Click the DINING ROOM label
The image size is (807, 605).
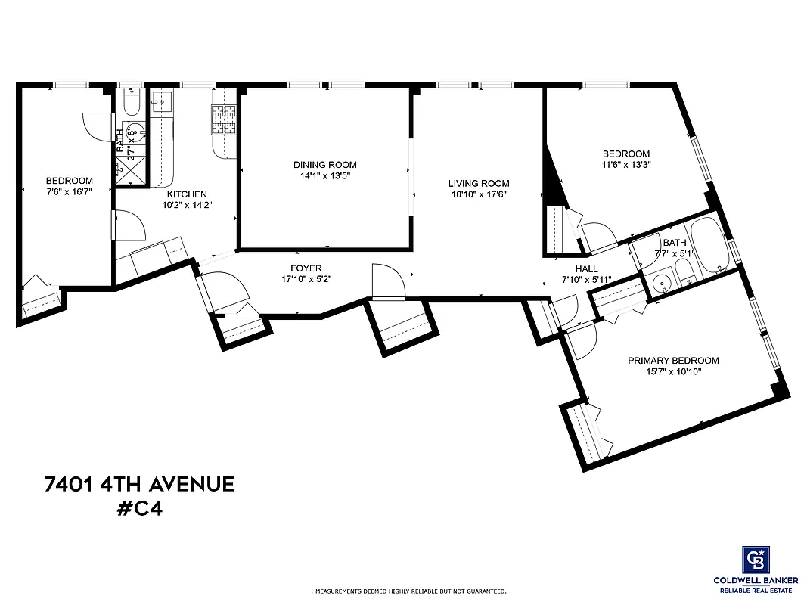(x=324, y=165)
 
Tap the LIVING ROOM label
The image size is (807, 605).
(x=478, y=183)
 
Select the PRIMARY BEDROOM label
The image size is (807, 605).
(x=673, y=361)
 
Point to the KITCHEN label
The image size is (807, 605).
(x=186, y=194)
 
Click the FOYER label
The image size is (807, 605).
(x=306, y=268)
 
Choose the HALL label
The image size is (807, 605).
(x=586, y=268)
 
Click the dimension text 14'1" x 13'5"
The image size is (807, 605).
(x=324, y=175)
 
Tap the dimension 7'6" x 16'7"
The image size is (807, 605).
(x=69, y=191)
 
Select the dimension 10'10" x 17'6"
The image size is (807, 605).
(x=478, y=194)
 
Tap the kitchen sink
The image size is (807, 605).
(x=162, y=101)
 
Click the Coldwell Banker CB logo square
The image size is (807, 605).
(x=757, y=560)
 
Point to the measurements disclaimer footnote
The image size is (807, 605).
(x=411, y=591)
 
